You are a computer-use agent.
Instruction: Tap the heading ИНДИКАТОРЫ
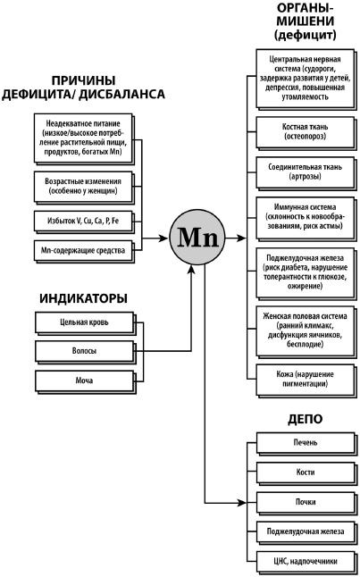click(82, 297)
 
